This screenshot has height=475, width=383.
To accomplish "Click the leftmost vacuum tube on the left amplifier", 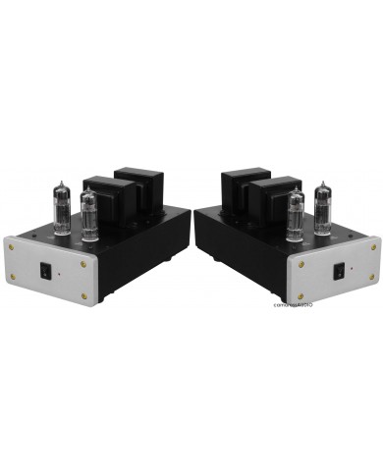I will pyautogui.click(x=60, y=208).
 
